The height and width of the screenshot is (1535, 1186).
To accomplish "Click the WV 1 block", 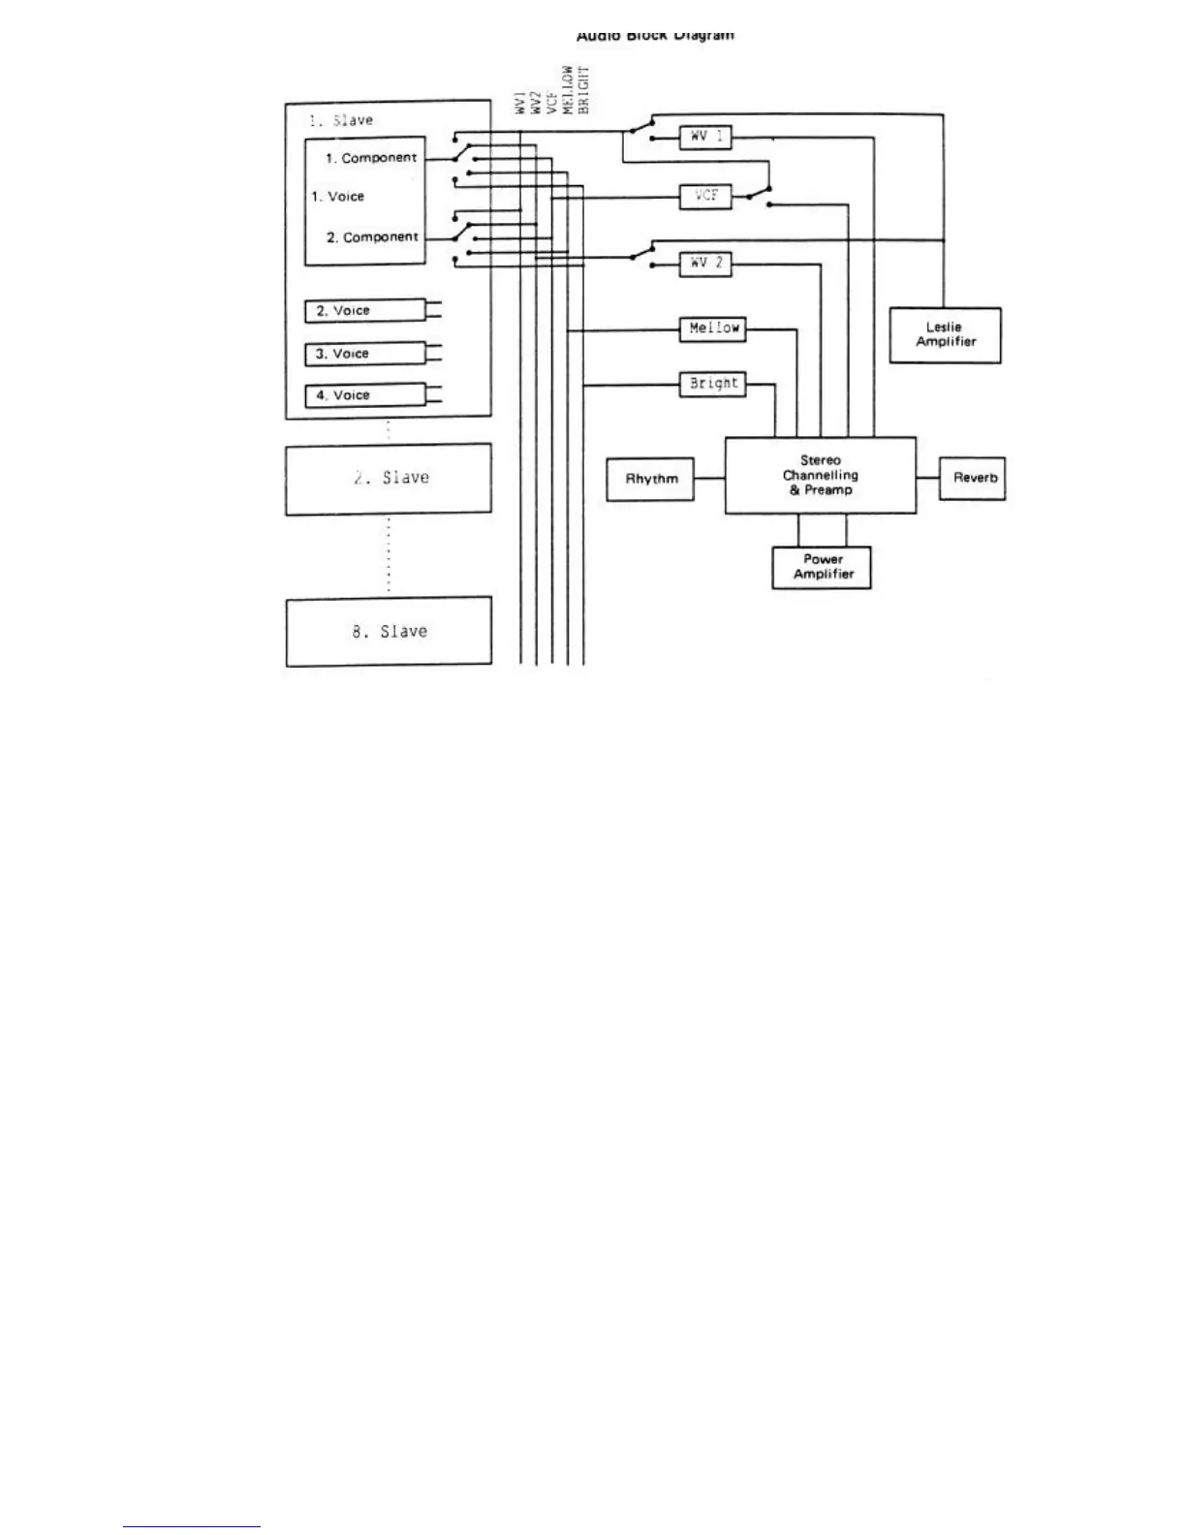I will coord(705,138).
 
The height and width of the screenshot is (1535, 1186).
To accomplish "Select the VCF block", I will coord(705,196).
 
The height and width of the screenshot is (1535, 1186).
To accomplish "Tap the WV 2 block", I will coord(705,263).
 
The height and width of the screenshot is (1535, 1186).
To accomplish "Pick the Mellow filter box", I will coord(713,329).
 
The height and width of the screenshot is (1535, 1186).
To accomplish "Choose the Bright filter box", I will coord(713,384).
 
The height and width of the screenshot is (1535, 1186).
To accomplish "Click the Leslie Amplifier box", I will coord(945,335).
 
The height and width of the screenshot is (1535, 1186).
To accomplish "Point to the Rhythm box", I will coord(650,479).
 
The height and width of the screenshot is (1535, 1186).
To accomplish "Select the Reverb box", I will coord(974,478).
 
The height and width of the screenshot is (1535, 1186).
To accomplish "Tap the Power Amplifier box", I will coord(822,567).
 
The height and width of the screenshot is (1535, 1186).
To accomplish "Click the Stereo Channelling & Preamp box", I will coord(820,475).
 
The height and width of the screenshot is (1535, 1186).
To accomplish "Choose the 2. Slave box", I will coord(389,479).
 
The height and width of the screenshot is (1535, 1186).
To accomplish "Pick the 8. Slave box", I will coord(389,632).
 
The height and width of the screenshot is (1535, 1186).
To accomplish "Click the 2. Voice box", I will coord(365,311).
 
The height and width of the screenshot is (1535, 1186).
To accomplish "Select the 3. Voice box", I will coord(365,354).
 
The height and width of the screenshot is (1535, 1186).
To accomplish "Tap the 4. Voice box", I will coord(365,395).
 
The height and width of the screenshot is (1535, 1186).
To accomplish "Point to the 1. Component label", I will coord(370,158).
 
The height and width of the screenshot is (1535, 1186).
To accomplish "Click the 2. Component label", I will coord(372,237).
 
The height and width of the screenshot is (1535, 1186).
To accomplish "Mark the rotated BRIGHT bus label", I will coord(583,90).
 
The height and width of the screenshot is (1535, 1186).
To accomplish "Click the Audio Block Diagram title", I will coord(655,36).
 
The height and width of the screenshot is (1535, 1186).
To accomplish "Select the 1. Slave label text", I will coord(341,120).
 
